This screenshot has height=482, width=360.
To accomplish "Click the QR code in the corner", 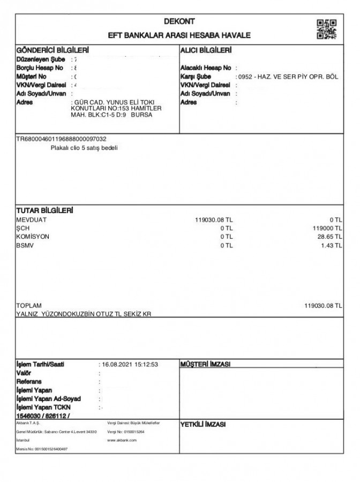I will tap(327, 29).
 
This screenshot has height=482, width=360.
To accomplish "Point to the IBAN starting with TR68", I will tap(61, 139).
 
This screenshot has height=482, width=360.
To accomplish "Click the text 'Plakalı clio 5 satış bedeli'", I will tap(84, 148).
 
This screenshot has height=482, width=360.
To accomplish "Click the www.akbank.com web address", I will tap(122, 440).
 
